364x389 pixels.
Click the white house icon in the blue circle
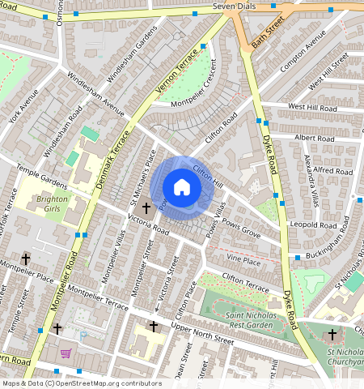click(182, 187)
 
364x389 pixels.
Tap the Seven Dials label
click(234, 6)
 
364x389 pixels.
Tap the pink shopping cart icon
click(66, 353)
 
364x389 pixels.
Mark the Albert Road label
click(315, 139)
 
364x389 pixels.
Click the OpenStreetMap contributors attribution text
click(81, 383)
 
